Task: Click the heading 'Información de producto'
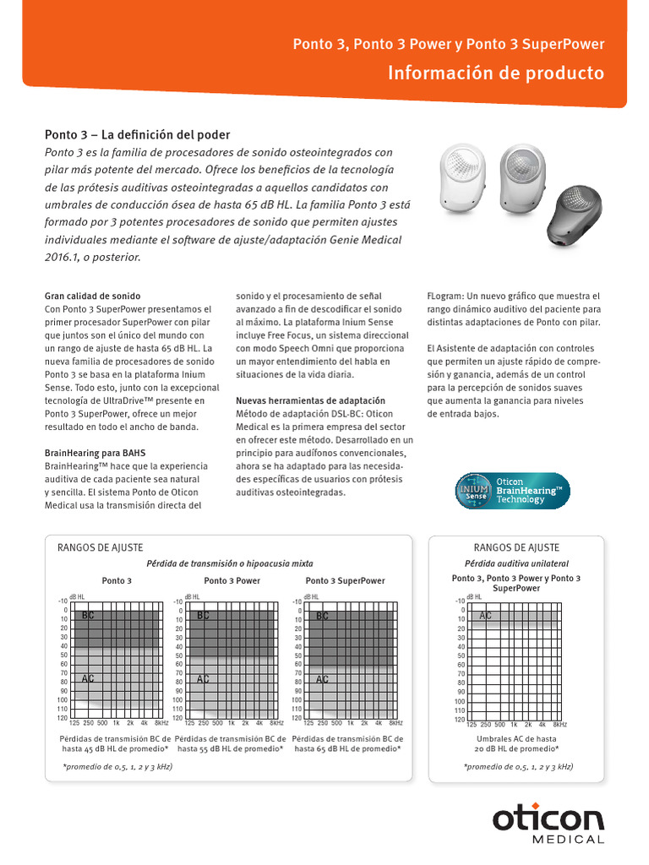[496, 73]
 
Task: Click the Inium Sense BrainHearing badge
[512, 490]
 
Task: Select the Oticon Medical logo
[548, 824]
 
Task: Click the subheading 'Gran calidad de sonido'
[93, 296]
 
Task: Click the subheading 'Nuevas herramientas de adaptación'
[310, 400]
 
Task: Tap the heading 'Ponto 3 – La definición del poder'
[137, 135]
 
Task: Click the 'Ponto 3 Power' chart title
[232, 581]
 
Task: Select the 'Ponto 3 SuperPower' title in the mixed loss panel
[345, 581]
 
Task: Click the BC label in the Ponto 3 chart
[88, 617]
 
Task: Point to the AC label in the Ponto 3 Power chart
[203, 678]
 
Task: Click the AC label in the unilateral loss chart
[485, 616]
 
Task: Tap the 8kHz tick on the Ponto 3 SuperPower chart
[395, 724]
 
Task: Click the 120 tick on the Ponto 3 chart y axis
[61, 718]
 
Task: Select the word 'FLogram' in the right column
[444, 296]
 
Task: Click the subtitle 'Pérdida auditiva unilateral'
[504, 563]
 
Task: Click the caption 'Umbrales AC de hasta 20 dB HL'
[516, 743]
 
